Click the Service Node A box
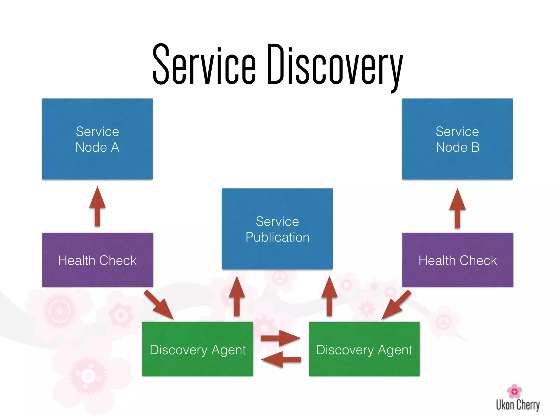[97, 139]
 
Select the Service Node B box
[457, 139]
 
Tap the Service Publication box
[277, 229]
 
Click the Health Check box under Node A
[97, 260]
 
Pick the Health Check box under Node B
[457, 260]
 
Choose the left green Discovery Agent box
[197, 349]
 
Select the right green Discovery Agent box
[364, 349]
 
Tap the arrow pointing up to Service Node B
[457, 209]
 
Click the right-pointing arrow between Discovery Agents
[280, 338]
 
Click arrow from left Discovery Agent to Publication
[237, 297]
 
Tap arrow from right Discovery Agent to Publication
[329, 297]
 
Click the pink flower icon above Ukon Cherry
[514, 391]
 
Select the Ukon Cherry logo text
[518, 405]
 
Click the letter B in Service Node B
[475, 147]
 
